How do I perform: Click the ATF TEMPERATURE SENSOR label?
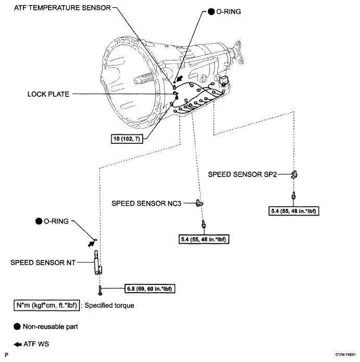[x=58, y=8]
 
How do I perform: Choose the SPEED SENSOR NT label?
[x=43, y=263]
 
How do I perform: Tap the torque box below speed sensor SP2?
[x=294, y=211]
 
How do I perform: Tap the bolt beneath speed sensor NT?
[x=98, y=288]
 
